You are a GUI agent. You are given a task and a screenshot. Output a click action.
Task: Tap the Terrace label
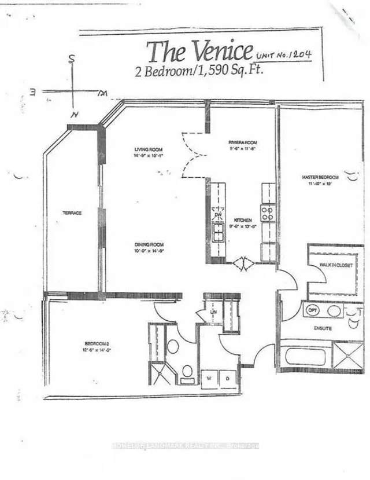pyautogui.click(x=72, y=213)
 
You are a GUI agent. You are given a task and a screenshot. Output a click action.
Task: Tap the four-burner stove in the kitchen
pyautogui.click(x=268, y=212)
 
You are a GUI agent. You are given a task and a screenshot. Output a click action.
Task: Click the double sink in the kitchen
pyautogui.click(x=219, y=233)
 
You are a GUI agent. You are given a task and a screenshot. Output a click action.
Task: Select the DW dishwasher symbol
pyautogui.click(x=219, y=215)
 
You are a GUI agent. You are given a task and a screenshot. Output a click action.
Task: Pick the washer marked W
pyautogui.click(x=209, y=378)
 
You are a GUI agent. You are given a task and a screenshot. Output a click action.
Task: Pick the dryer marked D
pyautogui.click(x=228, y=378)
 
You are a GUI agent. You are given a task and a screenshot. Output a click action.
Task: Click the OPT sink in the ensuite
pyautogui.click(x=313, y=310)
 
